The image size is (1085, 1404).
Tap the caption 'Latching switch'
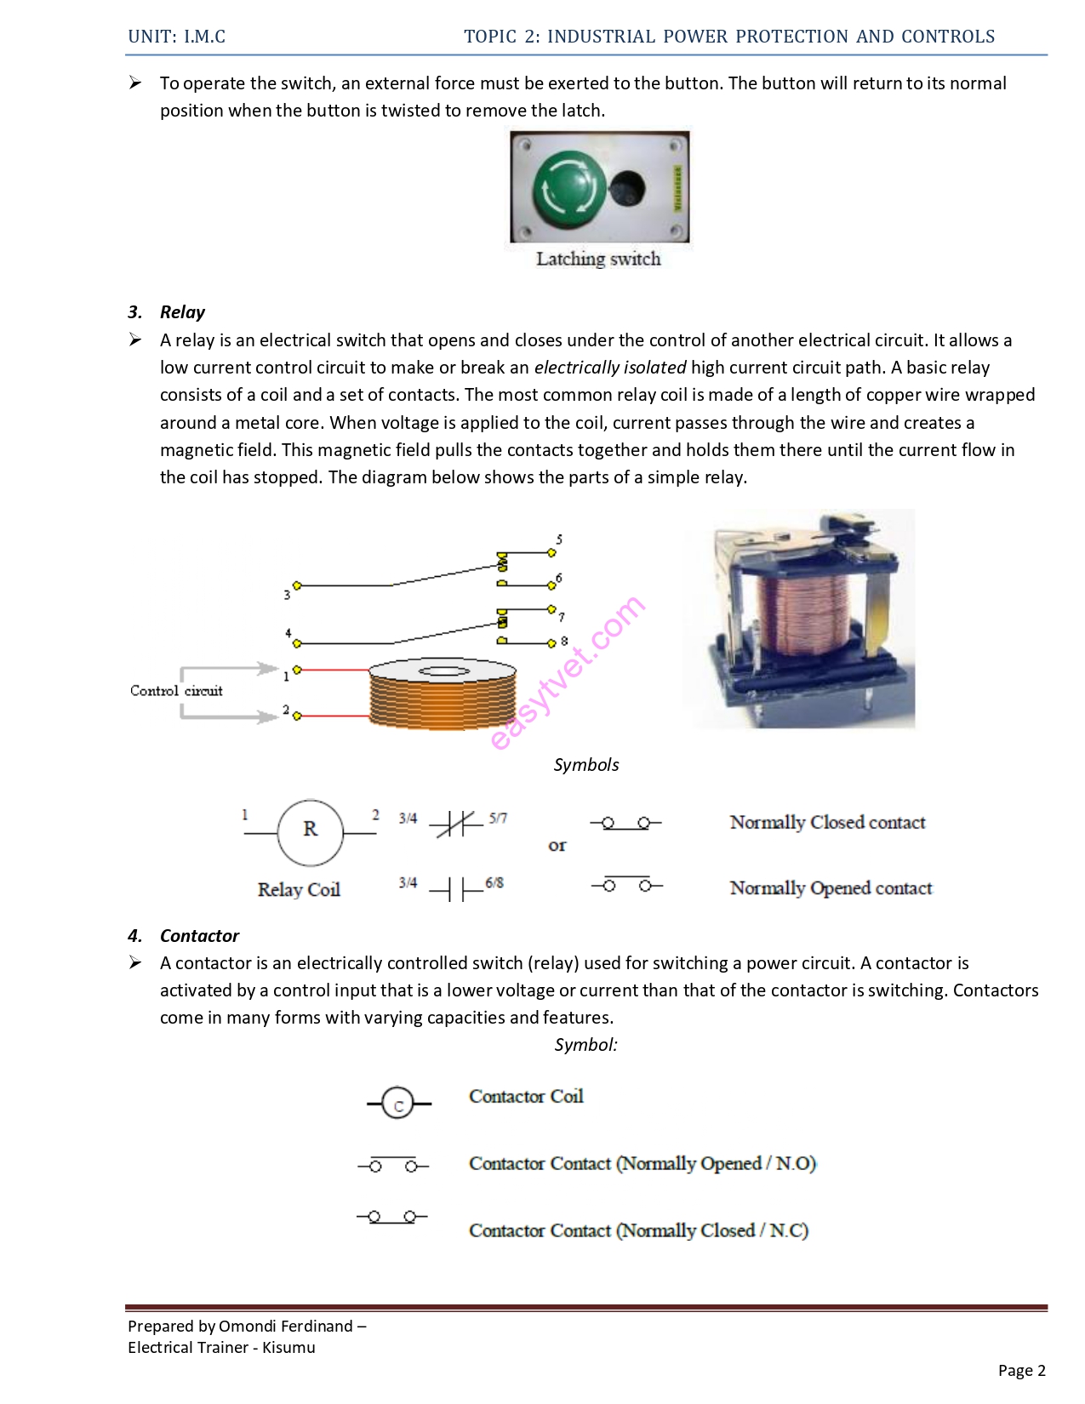[x=598, y=259]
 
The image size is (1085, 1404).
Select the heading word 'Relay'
[x=182, y=312]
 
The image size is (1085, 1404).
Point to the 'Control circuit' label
[x=176, y=691]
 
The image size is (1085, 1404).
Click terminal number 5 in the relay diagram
[x=559, y=539]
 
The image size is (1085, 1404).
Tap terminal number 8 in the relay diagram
[x=563, y=641]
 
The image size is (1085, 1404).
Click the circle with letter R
[x=310, y=831]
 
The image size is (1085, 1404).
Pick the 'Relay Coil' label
[x=299, y=889]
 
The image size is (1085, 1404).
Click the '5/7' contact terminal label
[x=498, y=819]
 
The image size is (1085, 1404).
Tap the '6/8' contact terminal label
[x=494, y=883]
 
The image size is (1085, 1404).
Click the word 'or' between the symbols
[x=557, y=846]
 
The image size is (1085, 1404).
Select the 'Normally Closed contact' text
[x=827, y=822]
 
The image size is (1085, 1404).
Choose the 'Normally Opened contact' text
[x=831, y=888]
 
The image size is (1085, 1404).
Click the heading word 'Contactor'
[x=199, y=936]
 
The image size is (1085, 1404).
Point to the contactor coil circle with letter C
[x=397, y=1104]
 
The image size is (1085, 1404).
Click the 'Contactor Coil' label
[x=526, y=1096]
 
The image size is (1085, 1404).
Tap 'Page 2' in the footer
[x=1021, y=1371]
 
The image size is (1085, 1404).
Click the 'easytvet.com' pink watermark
[x=568, y=673]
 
